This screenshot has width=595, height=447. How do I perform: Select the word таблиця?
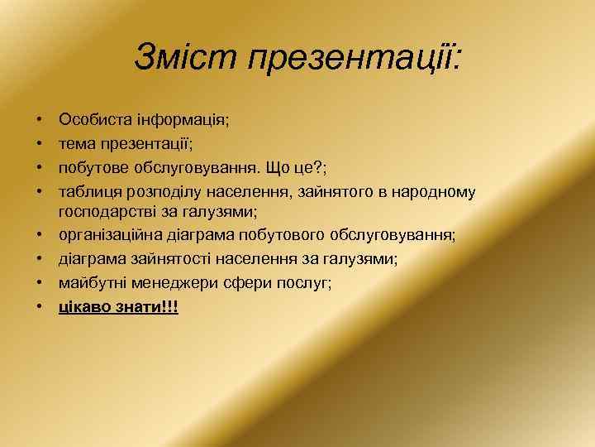point(89,192)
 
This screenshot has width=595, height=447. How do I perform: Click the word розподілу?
point(163,192)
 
